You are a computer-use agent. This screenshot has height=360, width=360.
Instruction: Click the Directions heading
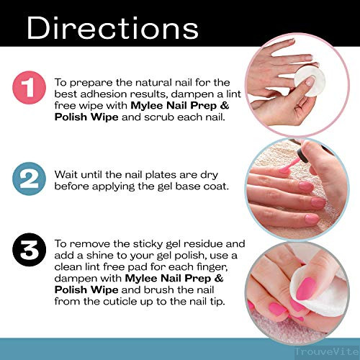(112, 28)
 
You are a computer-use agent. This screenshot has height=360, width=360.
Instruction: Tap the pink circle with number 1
(29, 88)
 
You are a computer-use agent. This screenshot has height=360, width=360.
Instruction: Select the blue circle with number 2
(29, 179)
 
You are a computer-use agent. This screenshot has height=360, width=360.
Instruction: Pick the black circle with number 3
(29, 250)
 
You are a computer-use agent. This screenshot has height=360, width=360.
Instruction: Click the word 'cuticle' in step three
(120, 302)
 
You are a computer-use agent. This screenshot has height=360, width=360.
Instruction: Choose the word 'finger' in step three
(212, 267)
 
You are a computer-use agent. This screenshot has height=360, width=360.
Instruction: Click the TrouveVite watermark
(327, 351)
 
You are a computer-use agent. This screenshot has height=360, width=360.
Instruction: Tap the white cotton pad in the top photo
(310, 81)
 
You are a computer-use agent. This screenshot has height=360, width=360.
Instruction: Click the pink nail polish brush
(289, 165)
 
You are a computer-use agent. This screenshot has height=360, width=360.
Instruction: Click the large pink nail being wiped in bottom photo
(305, 289)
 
